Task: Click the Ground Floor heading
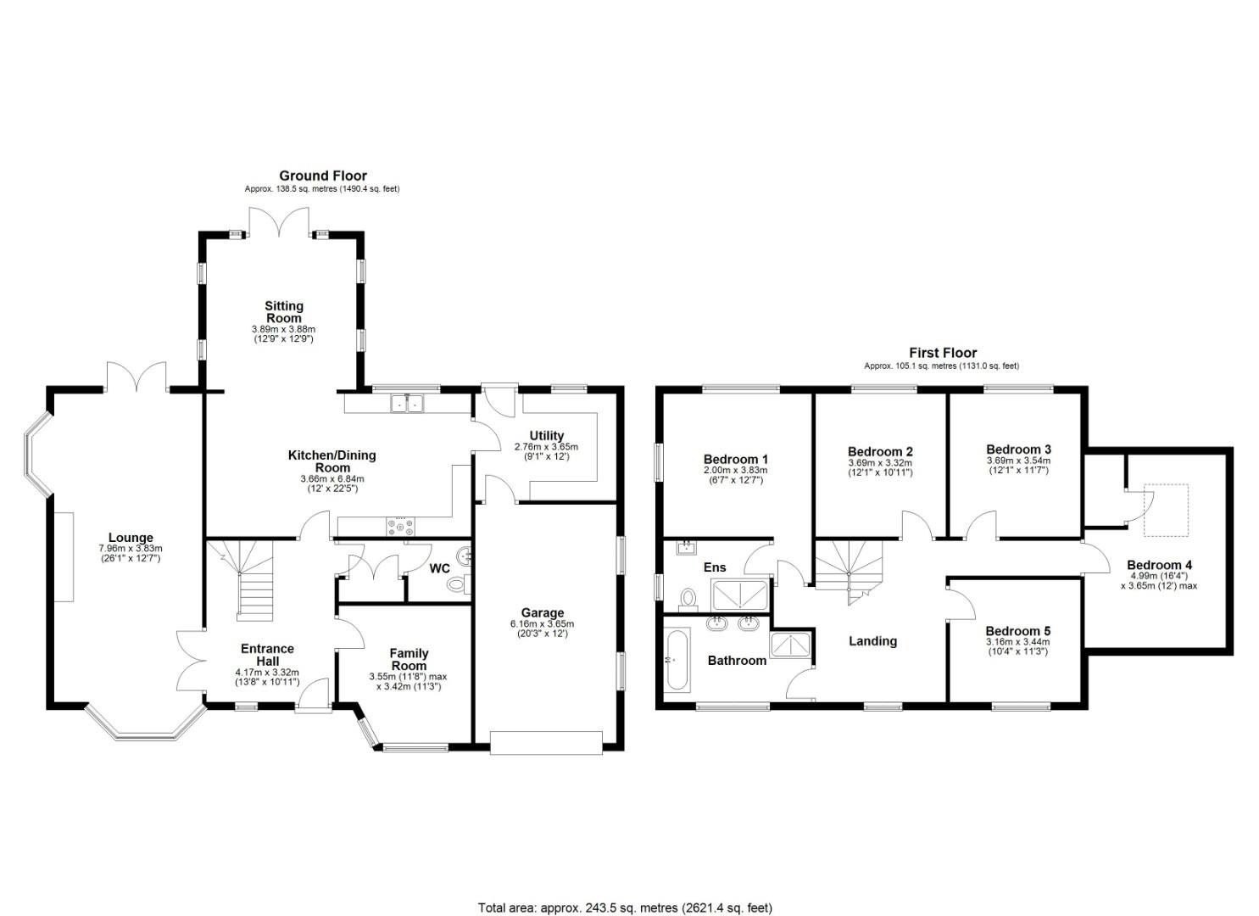[x=323, y=176]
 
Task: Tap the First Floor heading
[x=942, y=353]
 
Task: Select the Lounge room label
[x=131, y=537]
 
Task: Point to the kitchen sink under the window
[x=407, y=404]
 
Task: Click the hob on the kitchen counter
[x=401, y=527]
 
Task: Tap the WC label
[x=439, y=568]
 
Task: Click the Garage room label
[x=543, y=612]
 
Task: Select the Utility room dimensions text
[x=546, y=451]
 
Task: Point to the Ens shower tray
[x=743, y=595]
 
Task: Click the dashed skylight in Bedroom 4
[x=1165, y=511]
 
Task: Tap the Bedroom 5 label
[x=1017, y=631]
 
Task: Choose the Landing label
[x=872, y=641]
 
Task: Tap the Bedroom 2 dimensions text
[x=880, y=467]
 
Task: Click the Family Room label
[x=409, y=659]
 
